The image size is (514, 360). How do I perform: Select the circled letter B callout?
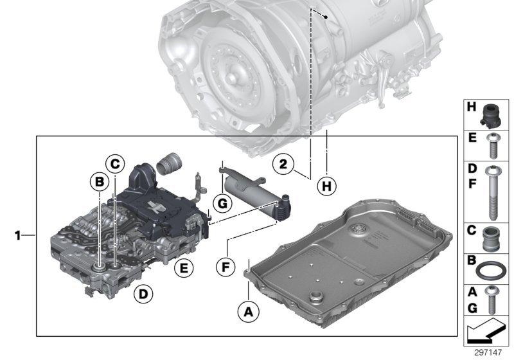[x=100, y=182]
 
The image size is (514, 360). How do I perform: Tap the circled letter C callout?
[x=114, y=164]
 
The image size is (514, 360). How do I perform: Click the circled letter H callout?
[x=327, y=187]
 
